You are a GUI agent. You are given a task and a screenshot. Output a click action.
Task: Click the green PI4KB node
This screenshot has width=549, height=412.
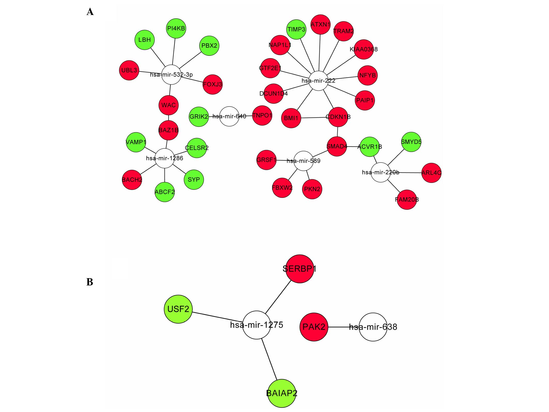tap(176, 28)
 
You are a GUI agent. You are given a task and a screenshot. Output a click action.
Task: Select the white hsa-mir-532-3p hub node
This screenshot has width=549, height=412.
tap(171, 75)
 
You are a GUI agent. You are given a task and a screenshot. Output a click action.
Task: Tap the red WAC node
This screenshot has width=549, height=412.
tap(168, 105)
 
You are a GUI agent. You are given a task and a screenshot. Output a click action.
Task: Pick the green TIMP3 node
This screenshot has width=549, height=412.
tap(296, 29)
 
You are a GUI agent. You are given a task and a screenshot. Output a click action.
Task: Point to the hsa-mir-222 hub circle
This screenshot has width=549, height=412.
tap(318, 81)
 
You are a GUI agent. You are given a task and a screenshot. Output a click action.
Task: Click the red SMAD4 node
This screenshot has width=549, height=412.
tap(337, 146)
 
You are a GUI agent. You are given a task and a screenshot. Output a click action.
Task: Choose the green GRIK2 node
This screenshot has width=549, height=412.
tap(199, 117)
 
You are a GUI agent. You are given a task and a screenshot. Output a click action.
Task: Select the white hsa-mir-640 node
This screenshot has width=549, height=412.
tap(229, 116)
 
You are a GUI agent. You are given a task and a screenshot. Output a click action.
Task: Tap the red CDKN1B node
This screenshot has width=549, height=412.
tap(338, 117)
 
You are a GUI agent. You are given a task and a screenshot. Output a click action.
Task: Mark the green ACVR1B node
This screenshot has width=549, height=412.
tap(370, 147)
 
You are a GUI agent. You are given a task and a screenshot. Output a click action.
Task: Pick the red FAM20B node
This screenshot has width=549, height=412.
tap(407, 200)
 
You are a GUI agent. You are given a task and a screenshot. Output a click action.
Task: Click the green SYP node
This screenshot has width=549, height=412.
tap(194, 180)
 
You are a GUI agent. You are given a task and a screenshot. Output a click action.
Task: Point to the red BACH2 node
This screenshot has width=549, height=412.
tap(132, 180)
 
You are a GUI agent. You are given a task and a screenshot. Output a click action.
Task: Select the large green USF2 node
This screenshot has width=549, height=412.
tap(178, 309)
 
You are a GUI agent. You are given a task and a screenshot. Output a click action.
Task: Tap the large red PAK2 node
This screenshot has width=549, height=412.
tap(314, 327)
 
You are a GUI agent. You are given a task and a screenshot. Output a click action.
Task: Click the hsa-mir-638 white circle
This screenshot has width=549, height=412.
tap(373, 327)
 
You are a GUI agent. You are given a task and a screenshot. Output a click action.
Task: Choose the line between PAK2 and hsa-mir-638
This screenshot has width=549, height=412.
tap(343, 327)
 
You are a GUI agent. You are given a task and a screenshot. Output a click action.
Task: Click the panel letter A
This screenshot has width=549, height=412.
tap(90, 12)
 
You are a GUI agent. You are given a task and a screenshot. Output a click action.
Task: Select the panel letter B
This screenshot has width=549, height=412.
tap(90, 282)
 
